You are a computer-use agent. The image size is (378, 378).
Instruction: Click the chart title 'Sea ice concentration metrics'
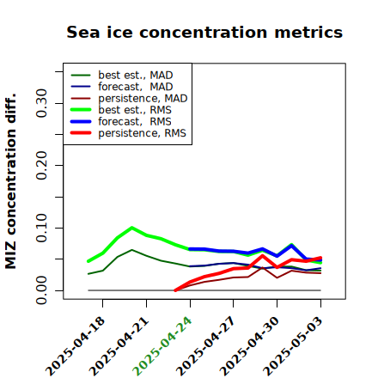click(x=204, y=33)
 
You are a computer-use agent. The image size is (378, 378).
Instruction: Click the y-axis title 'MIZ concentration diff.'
click(x=10, y=181)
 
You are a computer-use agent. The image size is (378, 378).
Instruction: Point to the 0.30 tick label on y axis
click(x=41, y=103)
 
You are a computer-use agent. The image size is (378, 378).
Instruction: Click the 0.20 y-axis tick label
click(x=41, y=166)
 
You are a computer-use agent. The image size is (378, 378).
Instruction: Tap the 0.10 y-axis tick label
click(x=41, y=228)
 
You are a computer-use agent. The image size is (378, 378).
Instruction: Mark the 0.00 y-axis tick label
click(x=41, y=290)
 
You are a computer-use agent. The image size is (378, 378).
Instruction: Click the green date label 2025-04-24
click(x=162, y=346)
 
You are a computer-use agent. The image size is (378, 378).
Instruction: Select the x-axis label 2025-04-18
click(x=75, y=346)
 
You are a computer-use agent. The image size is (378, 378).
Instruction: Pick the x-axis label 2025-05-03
click(x=292, y=346)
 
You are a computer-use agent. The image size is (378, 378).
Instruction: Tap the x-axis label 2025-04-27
click(x=205, y=346)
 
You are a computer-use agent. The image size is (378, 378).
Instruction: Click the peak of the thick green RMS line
click(x=131, y=228)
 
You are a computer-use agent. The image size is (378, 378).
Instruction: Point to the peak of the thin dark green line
click(x=131, y=250)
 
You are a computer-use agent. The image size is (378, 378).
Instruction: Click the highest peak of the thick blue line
click(x=291, y=246)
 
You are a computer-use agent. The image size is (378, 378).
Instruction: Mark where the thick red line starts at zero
click(x=175, y=290)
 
